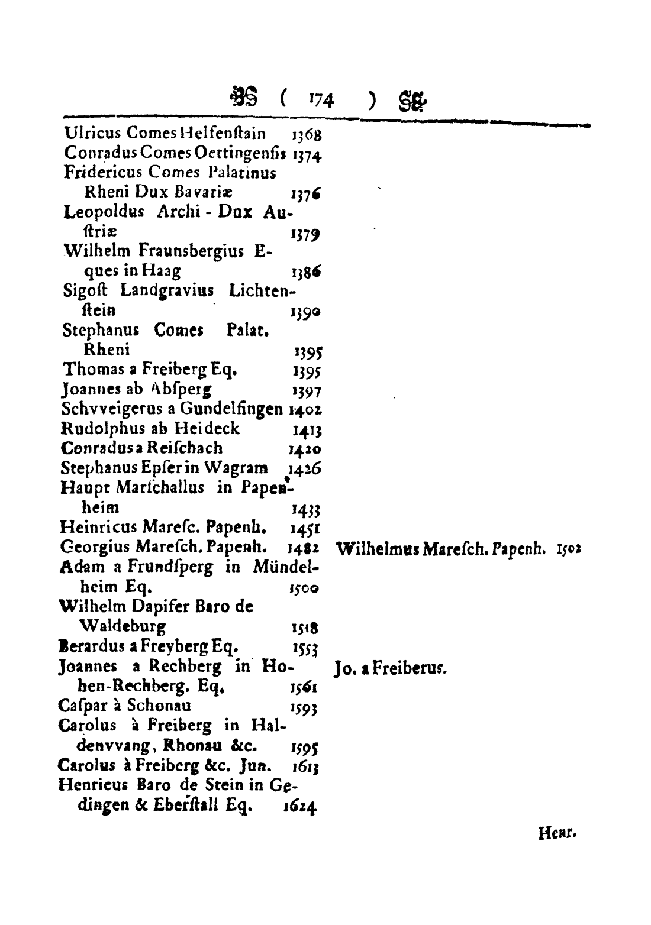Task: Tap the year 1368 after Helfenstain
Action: (x=307, y=135)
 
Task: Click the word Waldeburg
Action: (x=123, y=626)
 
